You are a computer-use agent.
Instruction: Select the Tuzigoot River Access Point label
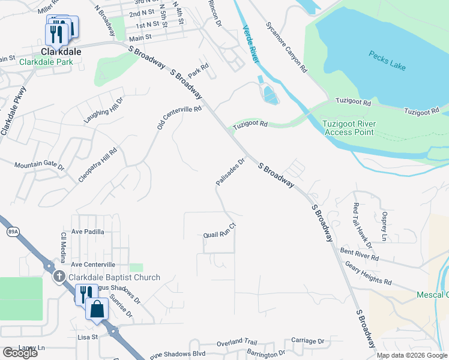[350, 127]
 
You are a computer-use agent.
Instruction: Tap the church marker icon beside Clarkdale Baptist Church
[59, 277]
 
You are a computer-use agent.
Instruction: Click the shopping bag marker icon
[97, 309]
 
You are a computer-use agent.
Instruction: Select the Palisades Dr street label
[231, 172]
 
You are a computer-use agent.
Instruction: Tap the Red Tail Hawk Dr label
[363, 225]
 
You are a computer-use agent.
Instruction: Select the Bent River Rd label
[359, 253]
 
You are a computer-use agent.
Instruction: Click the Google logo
[20, 353]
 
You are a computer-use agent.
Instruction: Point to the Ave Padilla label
[88, 232]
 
